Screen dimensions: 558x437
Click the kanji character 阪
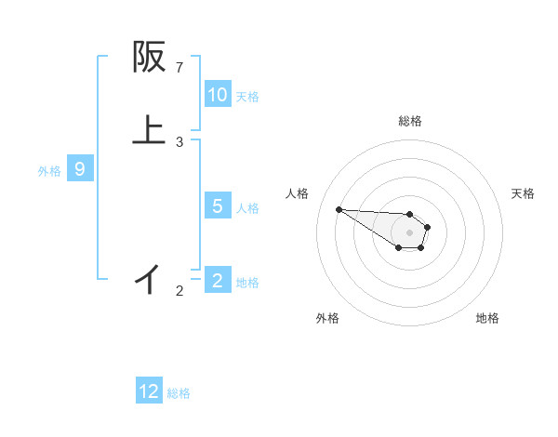pyautogui.click(x=149, y=58)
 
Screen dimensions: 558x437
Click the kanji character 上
pyautogui.click(x=149, y=129)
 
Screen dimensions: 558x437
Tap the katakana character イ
pyautogui.click(x=149, y=278)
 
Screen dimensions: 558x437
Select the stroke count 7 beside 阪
pyautogui.click(x=179, y=67)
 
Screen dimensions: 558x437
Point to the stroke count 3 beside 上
pyautogui.click(x=179, y=142)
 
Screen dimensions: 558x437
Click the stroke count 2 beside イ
pyautogui.click(x=179, y=291)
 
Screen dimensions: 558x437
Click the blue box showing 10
pyautogui.click(x=218, y=95)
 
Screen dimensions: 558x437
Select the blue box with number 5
pyautogui.click(x=218, y=206)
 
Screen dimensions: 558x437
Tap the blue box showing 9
pyautogui.click(x=80, y=169)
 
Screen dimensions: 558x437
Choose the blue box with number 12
pyautogui.click(x=149, y=391)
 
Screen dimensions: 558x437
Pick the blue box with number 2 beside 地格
pyautogui.click(x=218, y=280)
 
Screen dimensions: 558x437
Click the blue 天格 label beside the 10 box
pyautogui.click(x=247, y=96)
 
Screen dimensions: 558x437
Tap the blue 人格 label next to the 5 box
pyautogui.click(x=247, y=207)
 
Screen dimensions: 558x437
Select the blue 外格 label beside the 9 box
pyautogui.click(x=49, y=170)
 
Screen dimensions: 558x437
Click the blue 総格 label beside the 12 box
pyautogui.click(x=179, y=392)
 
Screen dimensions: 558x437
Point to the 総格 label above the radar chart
pyautogui.click(x=409, y=121)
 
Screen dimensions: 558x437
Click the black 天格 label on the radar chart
pyautogui.click(x=523, y=193)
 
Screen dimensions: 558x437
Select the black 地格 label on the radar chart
pyautogui.click(x=487, y=318)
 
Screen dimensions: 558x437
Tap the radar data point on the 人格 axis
pyautogui.click(x=339, y=209)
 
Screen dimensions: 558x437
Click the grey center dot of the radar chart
pyautogui.click(x=409, y=232)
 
